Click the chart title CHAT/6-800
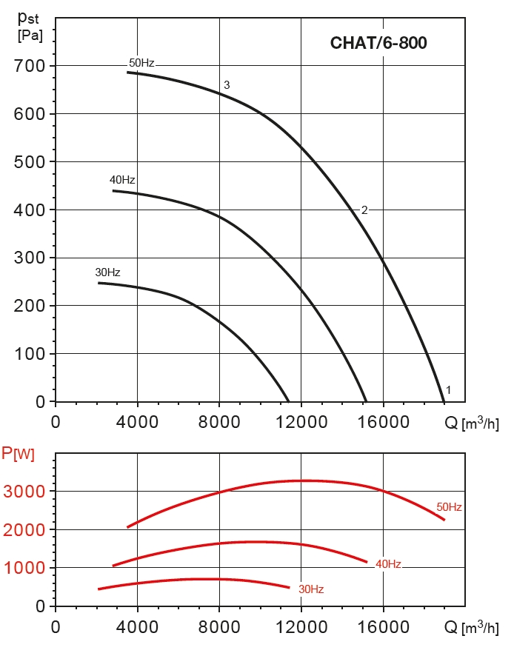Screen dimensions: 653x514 (378, 42)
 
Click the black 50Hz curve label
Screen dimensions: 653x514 (141, 63)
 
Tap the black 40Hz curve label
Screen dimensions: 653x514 (122, 180)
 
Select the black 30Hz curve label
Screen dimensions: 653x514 (107, 272)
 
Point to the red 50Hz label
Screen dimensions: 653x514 (449, 507)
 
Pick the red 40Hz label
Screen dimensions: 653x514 (388, 564)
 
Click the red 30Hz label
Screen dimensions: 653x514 (311, 590)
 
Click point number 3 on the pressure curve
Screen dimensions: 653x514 (227, 85)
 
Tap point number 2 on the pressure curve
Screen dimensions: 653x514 (364, 210)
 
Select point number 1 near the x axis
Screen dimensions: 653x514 (448, 389)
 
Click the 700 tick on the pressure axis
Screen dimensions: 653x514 (30, 66)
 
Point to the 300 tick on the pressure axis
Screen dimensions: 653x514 (30, 258)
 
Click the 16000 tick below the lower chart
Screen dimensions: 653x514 (383, 626)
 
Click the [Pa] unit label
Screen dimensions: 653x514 (30, 34)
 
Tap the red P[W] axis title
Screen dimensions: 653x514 (18, 453)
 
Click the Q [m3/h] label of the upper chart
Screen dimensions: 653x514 (471, 423)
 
